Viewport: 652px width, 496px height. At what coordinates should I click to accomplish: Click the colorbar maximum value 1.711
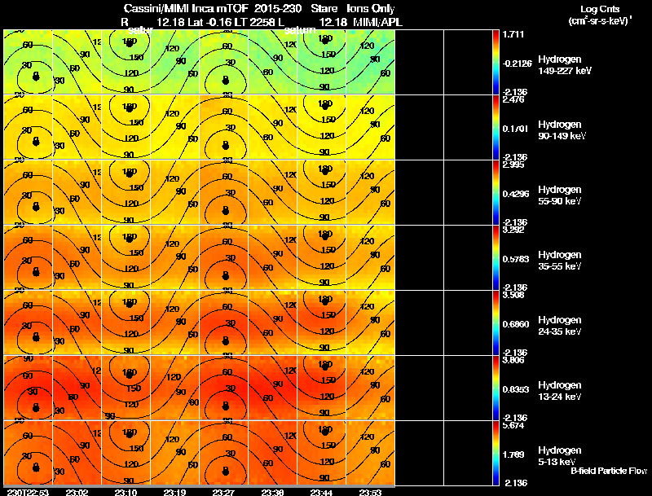point(513,35)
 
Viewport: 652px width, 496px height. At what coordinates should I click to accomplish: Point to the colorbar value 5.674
point(513,425)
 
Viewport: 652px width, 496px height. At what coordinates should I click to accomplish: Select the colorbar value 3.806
point(513,360)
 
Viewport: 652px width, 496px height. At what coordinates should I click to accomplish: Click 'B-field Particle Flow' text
point(608,471)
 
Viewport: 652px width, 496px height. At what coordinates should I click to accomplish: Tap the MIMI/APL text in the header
point(367,20)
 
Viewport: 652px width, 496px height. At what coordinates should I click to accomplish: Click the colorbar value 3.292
point(513,230)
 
